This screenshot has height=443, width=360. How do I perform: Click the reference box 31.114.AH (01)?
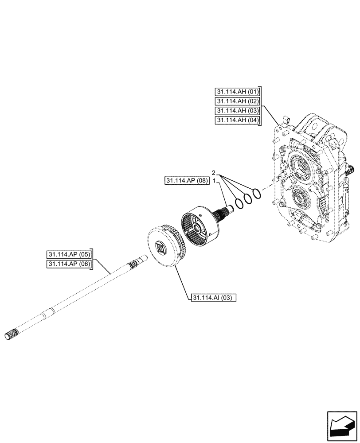pos(237,92)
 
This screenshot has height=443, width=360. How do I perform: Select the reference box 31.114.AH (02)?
pos(237,101)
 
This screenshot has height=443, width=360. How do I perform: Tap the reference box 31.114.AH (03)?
pos(237,111)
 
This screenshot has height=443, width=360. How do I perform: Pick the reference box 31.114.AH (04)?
pos(237,120)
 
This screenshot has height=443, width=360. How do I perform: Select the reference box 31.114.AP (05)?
pos(69,255)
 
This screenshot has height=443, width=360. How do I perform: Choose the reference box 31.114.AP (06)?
pos(69,264)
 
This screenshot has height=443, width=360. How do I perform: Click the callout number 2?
pos(214,172)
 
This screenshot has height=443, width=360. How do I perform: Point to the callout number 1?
pos(214,181)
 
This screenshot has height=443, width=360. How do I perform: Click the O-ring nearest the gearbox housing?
pos(256,194)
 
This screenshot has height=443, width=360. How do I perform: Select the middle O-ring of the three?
pos(247,199)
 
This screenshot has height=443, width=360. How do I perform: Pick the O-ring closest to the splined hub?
pos(239,203)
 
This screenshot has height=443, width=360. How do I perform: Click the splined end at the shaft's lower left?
pos(12,335)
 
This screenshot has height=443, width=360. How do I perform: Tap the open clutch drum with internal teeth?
pos(200,227)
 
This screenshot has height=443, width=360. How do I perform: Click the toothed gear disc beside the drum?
pos(164,246)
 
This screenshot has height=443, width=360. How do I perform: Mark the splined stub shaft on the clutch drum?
pos(224,212)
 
